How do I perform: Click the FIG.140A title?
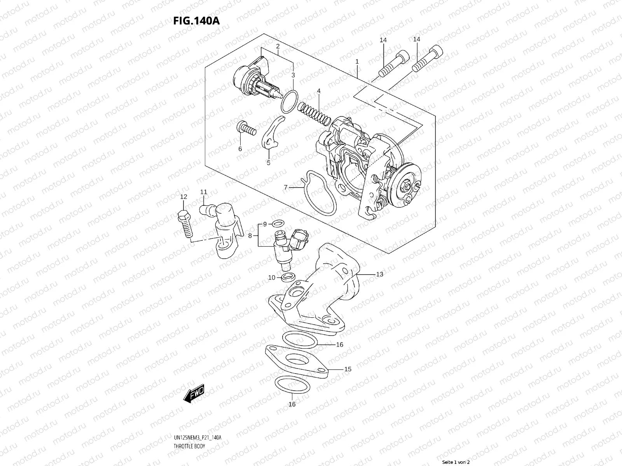(196, 21)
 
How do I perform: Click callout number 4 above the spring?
(319, 91)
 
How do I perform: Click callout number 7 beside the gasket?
(286, 188)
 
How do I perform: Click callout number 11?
(204, 192)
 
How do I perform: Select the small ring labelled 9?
(277, 223)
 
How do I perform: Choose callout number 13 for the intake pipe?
(379, 274)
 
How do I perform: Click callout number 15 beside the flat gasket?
(348, 369)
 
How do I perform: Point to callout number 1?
(357, 62)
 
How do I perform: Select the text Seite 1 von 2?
(456, 463)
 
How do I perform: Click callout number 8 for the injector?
(250, 235)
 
